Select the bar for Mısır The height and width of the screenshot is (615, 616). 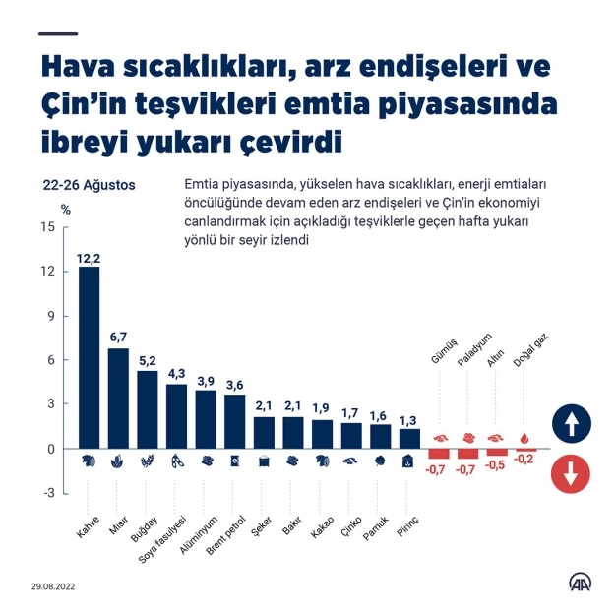[x=118, y=398]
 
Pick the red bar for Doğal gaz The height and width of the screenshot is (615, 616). [x=526, y=450]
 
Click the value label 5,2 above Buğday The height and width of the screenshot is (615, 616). [x=148, y=361]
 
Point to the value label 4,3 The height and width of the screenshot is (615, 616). [x=176, y=374]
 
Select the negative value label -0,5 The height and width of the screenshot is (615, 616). [x=497, y=468]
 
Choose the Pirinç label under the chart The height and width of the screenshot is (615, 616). [x=407, y=512]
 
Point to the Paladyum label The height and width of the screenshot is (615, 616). [x=474, y=350]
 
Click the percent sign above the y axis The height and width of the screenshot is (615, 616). [x=66, y=209]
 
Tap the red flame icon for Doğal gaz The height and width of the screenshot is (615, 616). [x=526, y=437]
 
